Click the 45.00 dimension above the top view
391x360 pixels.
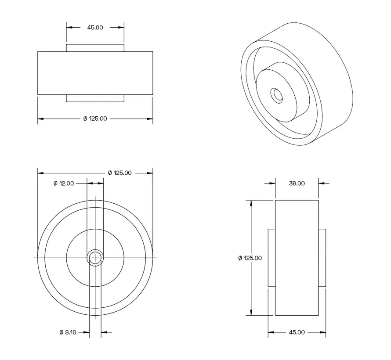click(x=95, y=27)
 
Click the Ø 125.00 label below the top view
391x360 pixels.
click(x=95, y=119)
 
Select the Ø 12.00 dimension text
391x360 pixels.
click(x=64, y=184)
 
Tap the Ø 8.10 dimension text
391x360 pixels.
click(x=68, y=332)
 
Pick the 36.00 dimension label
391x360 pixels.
click(x=297, y=184)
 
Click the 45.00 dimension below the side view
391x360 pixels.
click(x=297, y=332)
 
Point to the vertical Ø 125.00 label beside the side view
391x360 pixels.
click(x=250, y=258)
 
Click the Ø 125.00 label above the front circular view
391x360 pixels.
click(x=119, y=173)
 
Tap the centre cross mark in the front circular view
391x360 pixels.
click(x=95, y=258)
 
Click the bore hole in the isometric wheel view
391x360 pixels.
click(x=276, y=95)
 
